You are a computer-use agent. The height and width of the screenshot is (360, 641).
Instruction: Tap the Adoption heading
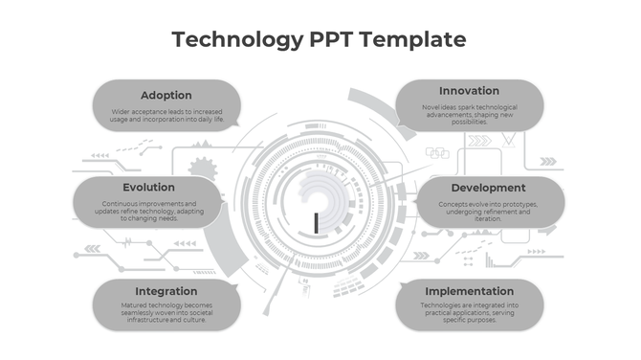tap(166, 95)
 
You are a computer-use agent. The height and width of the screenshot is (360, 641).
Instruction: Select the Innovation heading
tap(469, 91)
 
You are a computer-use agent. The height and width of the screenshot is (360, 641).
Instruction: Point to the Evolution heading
tap(148, 188)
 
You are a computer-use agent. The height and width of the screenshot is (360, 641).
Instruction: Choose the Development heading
tap(488, 188)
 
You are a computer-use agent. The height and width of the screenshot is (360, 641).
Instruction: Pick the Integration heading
tap(166, 291)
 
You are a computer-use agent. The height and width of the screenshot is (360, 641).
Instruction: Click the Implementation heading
tap(469, 291)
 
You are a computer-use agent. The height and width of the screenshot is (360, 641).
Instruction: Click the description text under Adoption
tap(166, 116)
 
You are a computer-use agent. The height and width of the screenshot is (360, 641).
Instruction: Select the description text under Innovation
tap(469, 113)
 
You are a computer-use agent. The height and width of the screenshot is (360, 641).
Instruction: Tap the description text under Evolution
tap(148, 211)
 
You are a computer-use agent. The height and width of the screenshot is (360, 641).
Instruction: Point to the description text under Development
tap(488, 211)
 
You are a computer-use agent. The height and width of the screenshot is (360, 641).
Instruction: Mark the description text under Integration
tap(166, 312)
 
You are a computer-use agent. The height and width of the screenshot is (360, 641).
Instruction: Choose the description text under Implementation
tap(469, 310)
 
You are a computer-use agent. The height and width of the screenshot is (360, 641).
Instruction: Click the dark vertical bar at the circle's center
tap(316, 222)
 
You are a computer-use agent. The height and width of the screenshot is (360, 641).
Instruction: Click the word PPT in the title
tap(336, 39)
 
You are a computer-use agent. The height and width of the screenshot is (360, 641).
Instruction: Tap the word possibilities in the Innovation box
tap(469, 122)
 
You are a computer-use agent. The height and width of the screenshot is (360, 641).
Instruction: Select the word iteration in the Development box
tap(488, 219)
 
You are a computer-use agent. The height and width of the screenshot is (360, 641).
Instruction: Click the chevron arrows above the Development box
tap(478, 141)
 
